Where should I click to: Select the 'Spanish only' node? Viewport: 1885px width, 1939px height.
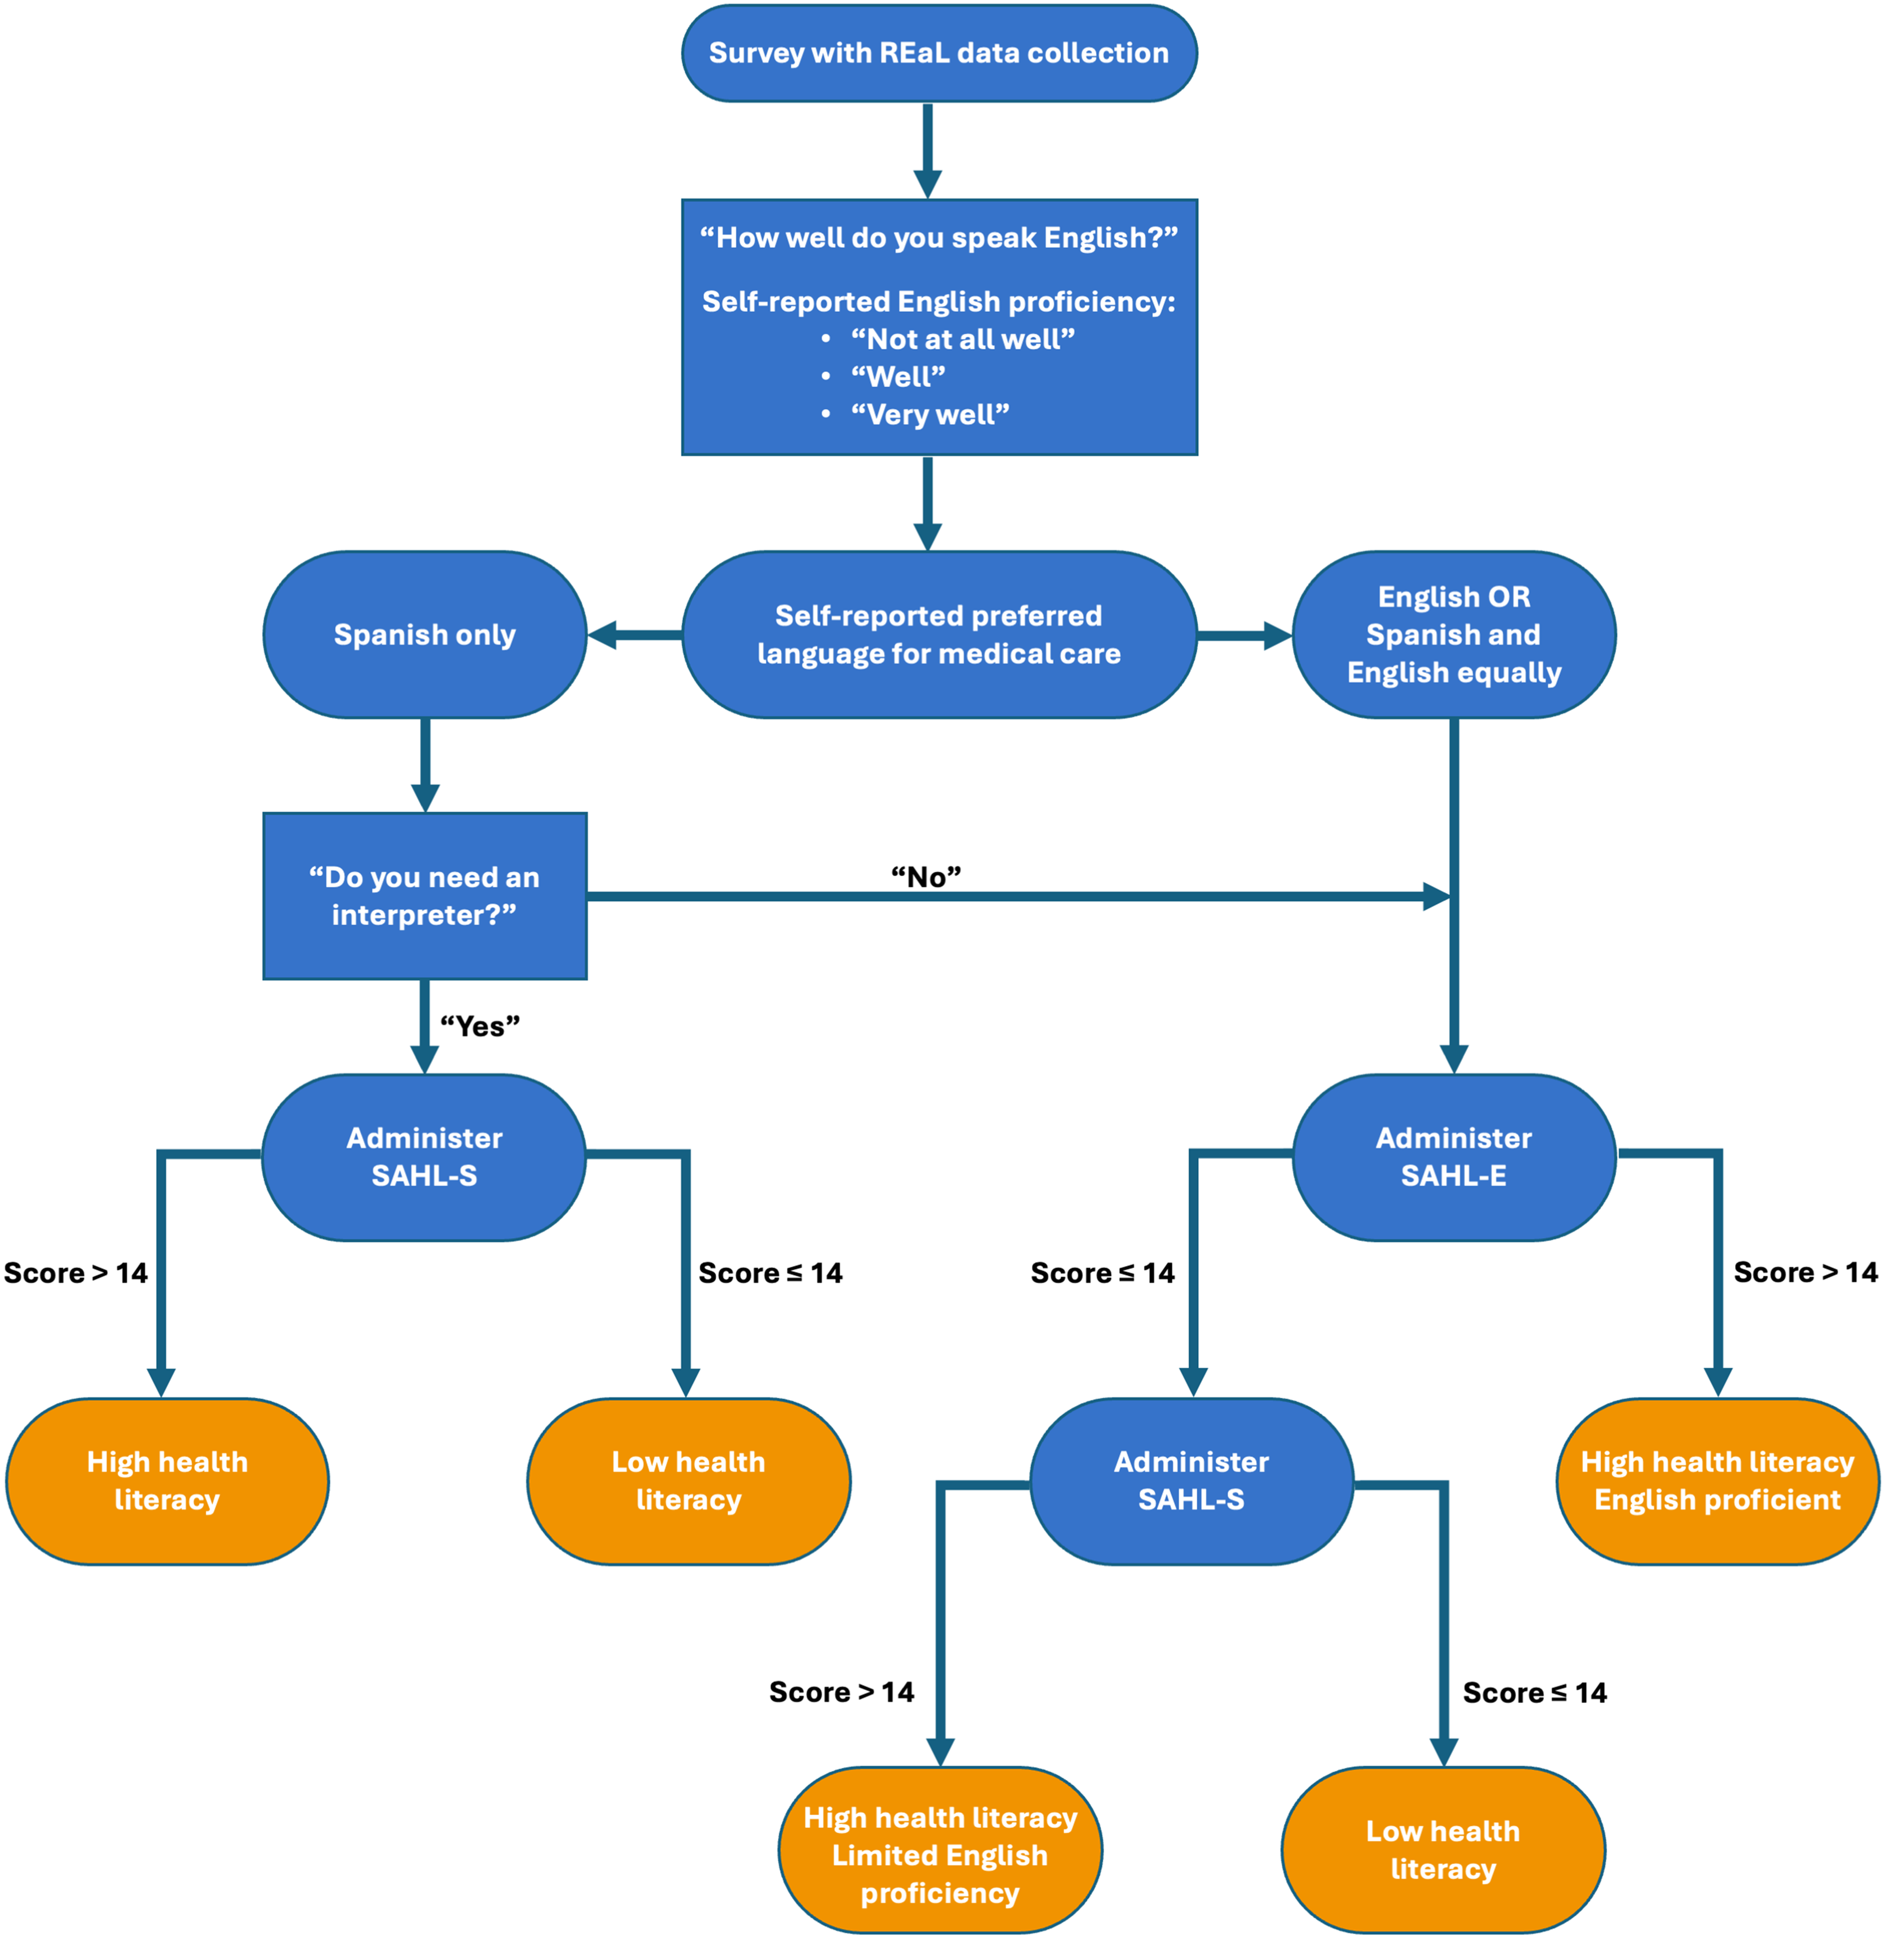(425, 635)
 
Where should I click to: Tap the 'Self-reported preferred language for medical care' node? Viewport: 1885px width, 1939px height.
(938, 635)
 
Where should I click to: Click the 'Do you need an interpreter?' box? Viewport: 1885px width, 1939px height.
(425, 896)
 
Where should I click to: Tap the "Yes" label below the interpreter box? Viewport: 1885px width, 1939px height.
(480, 1027)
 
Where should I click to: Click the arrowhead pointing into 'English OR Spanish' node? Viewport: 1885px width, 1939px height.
(1278, 635)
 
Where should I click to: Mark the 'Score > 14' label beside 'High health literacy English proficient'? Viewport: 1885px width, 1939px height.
(1805, 1272)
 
